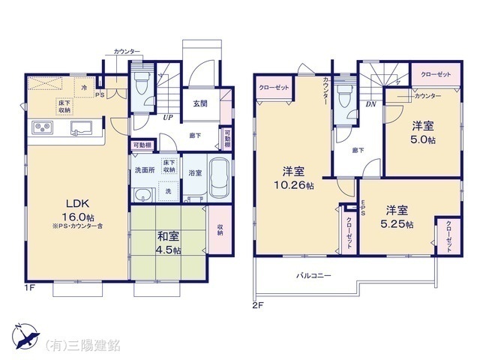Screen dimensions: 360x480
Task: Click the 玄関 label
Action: click(200, 103)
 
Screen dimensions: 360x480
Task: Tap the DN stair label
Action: click(370, 105)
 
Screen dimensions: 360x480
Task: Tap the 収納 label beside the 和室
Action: click(220, 230)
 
